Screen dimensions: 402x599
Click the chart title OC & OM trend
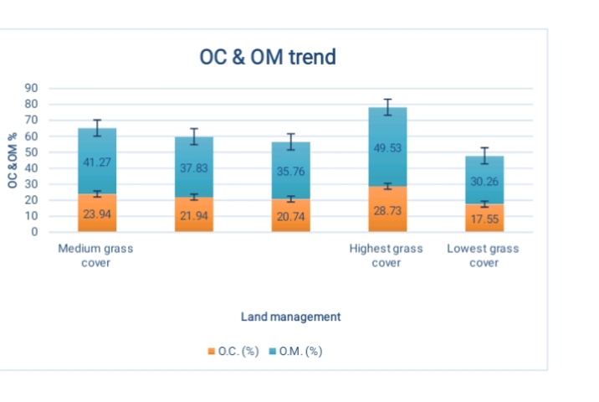coord(268,57)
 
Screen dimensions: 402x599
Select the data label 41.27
coord(97,162)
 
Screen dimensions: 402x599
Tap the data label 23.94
coord(97,214)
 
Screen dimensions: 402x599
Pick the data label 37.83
coord(194,167)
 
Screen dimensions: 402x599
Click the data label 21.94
coord(194,216)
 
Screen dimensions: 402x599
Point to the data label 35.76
coord(290,171)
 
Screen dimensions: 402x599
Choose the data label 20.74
coord(290,216)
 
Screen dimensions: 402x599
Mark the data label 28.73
coord(387,210)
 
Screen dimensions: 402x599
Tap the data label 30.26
coord(483,180)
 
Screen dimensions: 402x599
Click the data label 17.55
coord(483,219)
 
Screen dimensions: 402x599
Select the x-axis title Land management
coord(290,317)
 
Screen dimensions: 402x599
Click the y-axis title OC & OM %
coord(14,161)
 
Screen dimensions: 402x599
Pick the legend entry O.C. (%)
coord(234,352)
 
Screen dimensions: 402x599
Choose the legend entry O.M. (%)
coord(297,352)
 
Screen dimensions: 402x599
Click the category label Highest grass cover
coord(386,255)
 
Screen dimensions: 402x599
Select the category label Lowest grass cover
coord(483,255)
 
